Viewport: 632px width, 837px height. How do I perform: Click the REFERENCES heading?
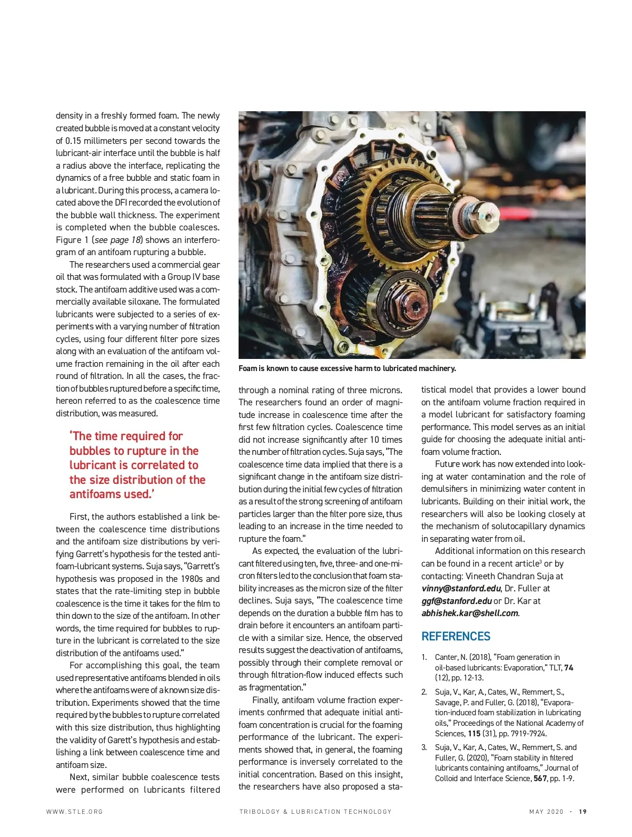click(x=456, y=636)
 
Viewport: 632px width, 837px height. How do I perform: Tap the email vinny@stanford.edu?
click(x=461, y=588)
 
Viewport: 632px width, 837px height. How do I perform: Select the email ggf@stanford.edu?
click(x=456, y=601)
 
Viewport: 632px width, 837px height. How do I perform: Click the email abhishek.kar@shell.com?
click(x=470, y=613)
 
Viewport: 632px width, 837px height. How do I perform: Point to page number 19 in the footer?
click(x=582, y=812)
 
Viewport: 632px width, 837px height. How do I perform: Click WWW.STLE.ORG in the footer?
click(x=75, y=812)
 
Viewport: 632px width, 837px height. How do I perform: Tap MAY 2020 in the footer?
click(x=546, y=812)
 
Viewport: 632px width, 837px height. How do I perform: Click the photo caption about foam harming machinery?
click(x=347, y=368)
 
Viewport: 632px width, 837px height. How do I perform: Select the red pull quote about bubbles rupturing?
click(x=137, y=465)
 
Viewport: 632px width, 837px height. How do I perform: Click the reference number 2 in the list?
click(x=424, y=692)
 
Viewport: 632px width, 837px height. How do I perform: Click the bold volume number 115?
click(x=474, y=733)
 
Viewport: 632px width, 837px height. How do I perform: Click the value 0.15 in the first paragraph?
click(x=75, y=141)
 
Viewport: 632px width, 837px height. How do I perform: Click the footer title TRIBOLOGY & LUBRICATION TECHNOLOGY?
click(x=315, y=812)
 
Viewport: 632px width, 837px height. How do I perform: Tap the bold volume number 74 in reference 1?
click(x=568, y=668)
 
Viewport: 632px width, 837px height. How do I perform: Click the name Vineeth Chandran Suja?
click(x=514, y=576)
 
